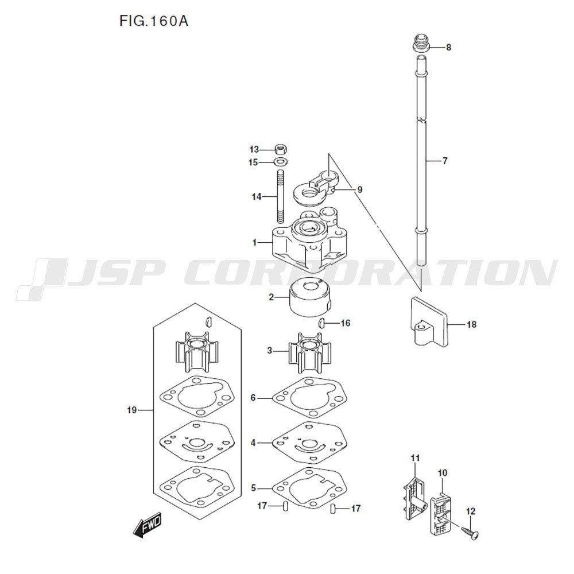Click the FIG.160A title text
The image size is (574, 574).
(154, 21)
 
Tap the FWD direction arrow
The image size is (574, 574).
(147, 524)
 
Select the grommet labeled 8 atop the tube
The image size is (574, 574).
(421, 43)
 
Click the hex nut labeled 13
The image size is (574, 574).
(281, 149)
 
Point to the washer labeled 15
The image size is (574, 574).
(281, 161)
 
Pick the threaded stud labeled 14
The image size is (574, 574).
(281, 196)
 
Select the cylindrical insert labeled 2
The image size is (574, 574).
(310, 299)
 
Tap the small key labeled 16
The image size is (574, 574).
(321, 323)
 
